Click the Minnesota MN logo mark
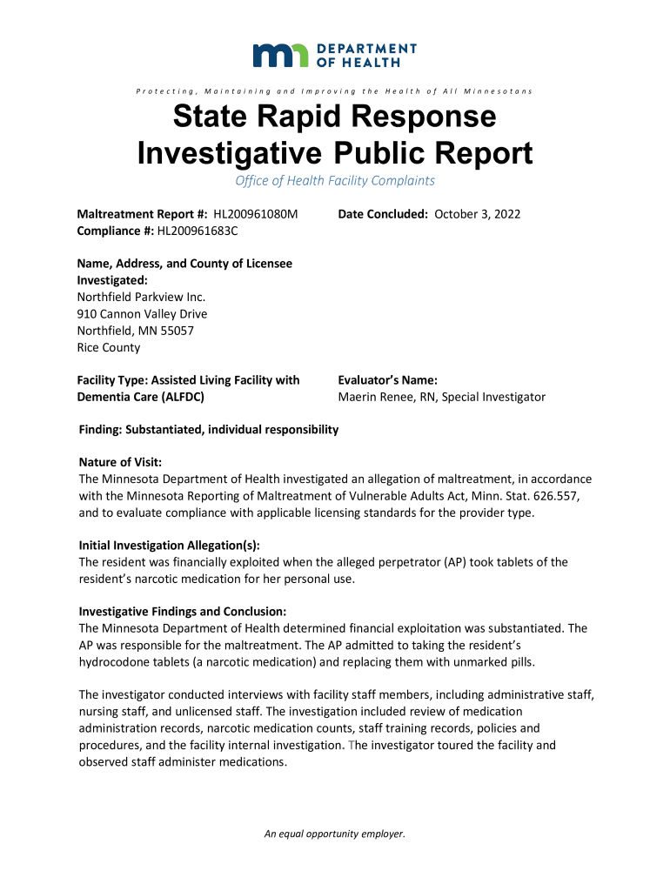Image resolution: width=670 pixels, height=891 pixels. click(x=280, y=56)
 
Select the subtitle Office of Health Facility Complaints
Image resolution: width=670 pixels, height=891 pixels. click(x=335, y=181)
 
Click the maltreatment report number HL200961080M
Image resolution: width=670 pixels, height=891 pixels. click(x=250, y=214)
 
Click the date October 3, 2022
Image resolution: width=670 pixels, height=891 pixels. click(x=477, y=214)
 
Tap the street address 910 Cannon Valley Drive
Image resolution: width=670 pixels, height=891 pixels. click(x=143, y=314)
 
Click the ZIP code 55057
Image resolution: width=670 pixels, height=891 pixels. click(x=175, y=331)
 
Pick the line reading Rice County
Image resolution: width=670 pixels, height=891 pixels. click(x=109, y=347)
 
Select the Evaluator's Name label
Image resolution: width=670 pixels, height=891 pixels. click(x=387, y=380)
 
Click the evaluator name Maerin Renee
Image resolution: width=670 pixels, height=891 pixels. click(x=375, y=397)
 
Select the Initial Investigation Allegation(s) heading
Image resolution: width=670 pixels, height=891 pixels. click(x=169, y=546)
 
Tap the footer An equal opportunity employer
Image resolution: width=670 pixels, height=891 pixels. click(x=335, y=834)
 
